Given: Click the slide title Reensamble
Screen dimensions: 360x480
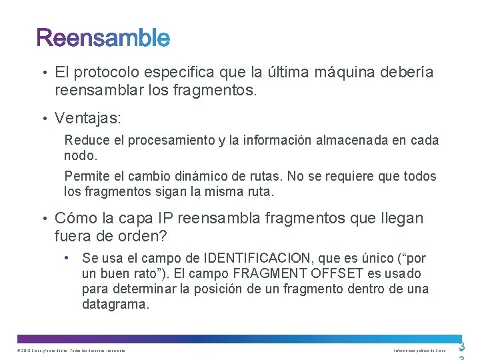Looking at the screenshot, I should click(103, 38).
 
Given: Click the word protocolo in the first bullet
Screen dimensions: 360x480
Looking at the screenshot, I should click(105, 73).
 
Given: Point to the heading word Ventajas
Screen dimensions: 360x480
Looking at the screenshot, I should click(87, 119).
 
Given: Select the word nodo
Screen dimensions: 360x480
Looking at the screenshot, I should click(80, 155).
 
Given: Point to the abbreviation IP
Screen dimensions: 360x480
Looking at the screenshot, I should click(166, 219).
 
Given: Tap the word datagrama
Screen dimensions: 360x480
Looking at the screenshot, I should click(115, 304).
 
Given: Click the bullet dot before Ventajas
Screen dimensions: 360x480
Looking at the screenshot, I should click(43, 119).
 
